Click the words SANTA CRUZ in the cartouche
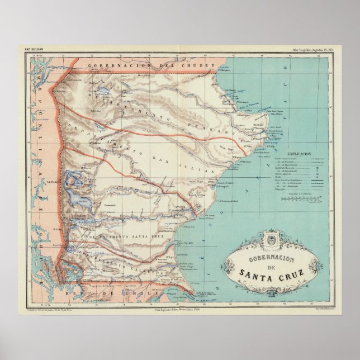275,272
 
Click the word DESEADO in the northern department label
204,122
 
